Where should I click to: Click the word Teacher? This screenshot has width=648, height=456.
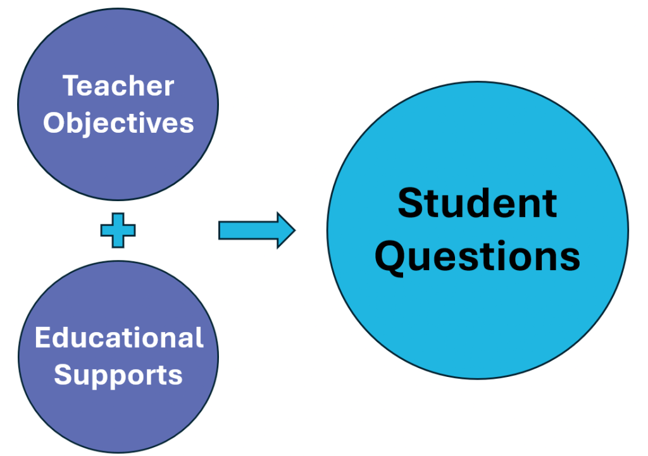point(118,86)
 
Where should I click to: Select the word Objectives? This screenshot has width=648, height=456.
point(118,123)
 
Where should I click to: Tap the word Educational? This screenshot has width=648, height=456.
point(119,338)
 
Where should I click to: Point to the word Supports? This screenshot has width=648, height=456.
point(118,376)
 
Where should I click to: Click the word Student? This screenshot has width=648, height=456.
point(477,203)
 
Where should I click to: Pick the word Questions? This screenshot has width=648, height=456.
point(477,257)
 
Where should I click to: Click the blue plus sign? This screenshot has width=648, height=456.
point(118,230)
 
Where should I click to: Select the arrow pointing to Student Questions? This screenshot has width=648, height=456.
point(257,230)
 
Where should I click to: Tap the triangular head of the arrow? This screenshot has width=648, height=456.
point(285,230)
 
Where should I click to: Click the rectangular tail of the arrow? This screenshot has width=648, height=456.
point(247,230)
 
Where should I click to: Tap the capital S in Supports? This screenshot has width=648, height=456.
point(63,374)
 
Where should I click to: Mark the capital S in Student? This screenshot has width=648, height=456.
point(409,203)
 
